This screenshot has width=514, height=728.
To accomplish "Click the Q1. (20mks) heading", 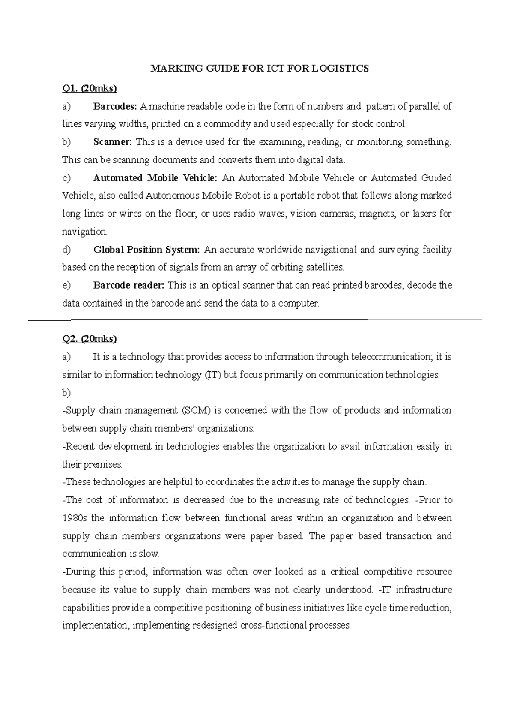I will [x=90, y=89].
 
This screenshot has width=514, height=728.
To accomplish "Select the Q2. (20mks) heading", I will [x=90, y=339].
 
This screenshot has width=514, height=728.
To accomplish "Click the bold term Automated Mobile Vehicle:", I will [x=155, y=178].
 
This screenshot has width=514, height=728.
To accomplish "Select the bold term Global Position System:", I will [x=146, y=250].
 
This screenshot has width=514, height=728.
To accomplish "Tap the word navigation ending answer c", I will [x=84, y=232].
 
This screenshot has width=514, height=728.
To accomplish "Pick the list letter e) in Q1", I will [x=66, y=286].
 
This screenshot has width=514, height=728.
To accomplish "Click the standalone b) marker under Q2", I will [x=66, y=393].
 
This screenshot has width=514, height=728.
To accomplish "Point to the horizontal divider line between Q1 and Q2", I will [x=257, y=319].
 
